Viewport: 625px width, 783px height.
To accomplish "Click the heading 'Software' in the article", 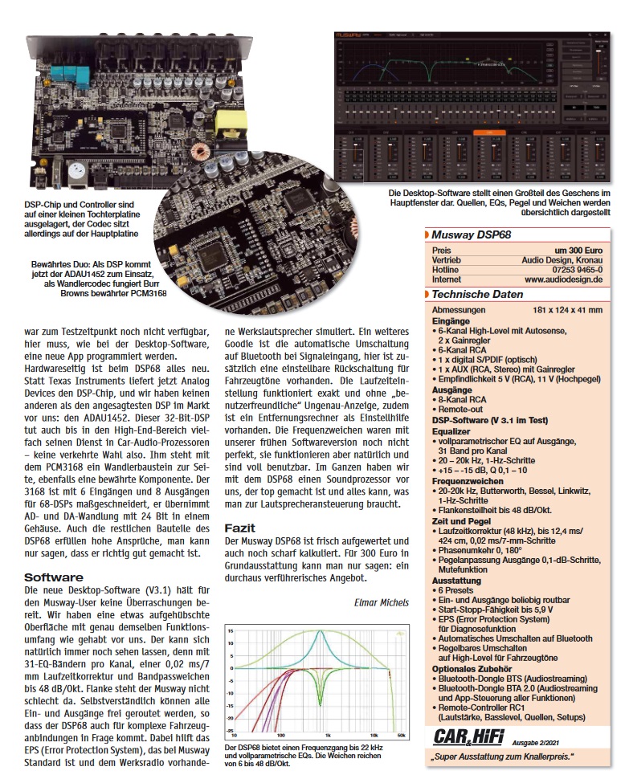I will [54, 577].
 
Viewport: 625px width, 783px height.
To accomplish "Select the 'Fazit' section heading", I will [240, 528].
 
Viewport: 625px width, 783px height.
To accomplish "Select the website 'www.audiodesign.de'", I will [564, 280].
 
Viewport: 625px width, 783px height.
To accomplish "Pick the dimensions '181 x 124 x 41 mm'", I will [567, 310].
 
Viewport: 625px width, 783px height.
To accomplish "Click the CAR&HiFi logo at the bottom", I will [464, 734].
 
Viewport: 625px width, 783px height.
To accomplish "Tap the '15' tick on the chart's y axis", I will [230, 630].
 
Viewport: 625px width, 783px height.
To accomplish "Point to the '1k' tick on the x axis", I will [327, 735].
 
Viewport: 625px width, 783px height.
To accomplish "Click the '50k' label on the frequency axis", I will [400, 735].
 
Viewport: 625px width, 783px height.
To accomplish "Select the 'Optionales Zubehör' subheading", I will [472, 668].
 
